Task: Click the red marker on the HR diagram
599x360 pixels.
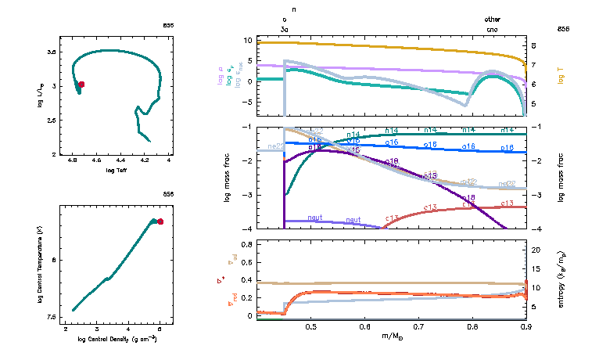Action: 81,84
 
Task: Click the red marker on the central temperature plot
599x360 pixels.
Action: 160,221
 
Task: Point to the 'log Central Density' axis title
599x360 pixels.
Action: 117,339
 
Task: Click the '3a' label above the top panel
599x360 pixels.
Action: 285,29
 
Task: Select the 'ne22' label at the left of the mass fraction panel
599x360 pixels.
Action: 275,146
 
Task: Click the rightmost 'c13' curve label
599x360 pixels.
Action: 507,203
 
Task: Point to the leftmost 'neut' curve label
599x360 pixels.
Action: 315,217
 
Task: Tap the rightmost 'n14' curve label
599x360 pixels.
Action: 507,130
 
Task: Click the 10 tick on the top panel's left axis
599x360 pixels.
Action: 247,40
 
